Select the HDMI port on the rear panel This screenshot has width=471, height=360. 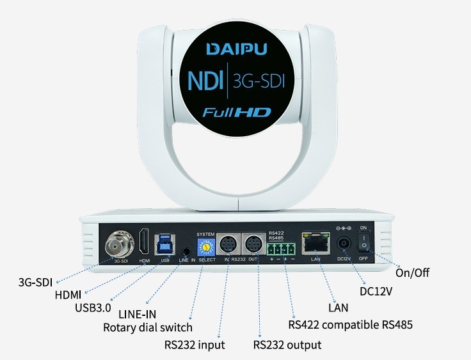(145, 242)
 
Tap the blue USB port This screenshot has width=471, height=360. (165, 243)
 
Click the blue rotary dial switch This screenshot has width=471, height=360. (207, 245)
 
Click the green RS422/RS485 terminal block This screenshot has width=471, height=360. (282, 246)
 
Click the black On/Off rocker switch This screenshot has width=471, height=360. (363, 242)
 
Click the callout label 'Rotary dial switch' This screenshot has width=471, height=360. (148, 328)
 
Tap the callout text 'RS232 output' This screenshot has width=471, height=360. (287, 345)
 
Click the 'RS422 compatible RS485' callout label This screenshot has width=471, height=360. (351, 325)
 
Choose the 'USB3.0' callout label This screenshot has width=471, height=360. (93, 308)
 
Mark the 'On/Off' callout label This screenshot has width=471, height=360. (413, 273)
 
